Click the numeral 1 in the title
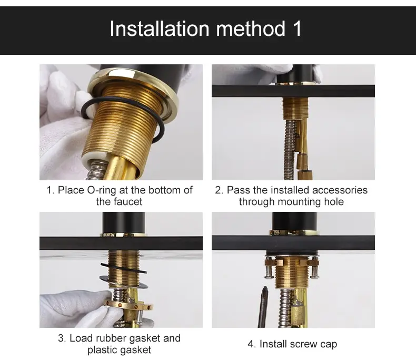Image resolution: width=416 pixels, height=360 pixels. (297, 28)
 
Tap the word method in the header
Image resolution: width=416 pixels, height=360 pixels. (251, 28)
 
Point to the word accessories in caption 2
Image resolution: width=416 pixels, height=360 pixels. (340, 190)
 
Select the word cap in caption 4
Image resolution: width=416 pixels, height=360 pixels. (329, 344)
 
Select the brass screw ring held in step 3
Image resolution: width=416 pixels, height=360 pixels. (128, 306)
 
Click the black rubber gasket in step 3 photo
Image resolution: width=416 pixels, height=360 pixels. (123, 268)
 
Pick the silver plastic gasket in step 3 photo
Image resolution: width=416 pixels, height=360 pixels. (124, 283)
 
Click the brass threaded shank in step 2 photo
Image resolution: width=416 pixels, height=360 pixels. (295, 108)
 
